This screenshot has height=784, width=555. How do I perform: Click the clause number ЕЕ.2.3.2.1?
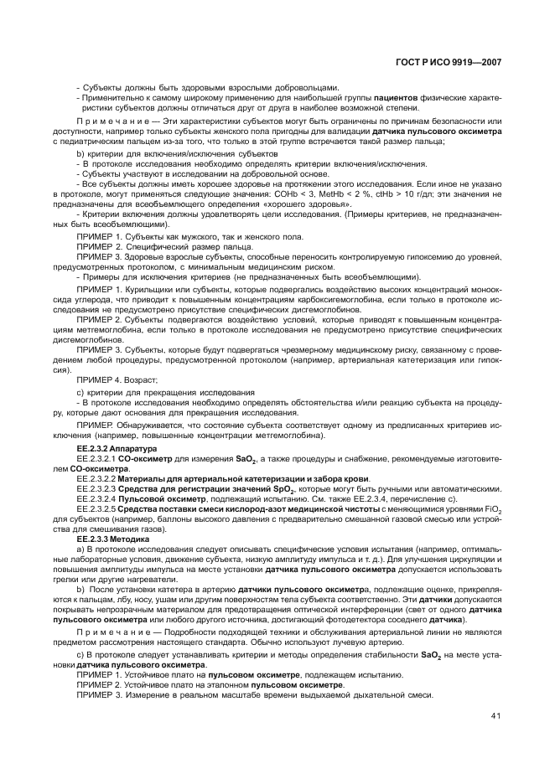point(95,459)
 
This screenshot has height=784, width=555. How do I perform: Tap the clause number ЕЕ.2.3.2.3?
point(96,487)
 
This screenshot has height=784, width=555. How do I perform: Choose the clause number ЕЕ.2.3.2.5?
point(96,508)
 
